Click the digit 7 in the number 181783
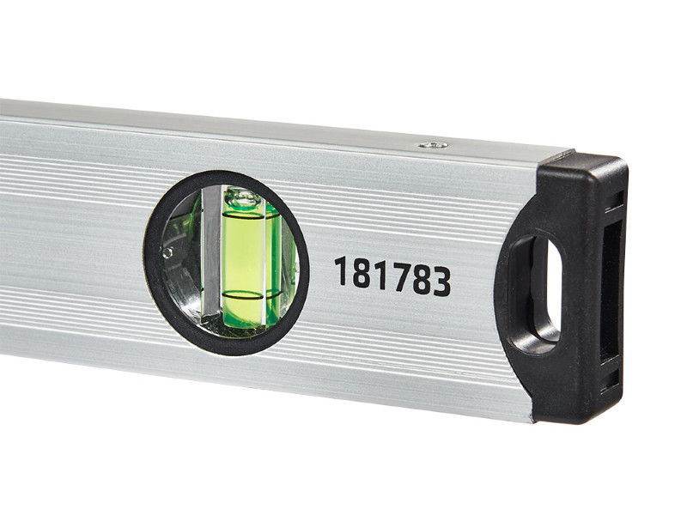[401, 278]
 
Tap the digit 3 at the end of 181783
[441, 282]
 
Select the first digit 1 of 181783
[340, 272]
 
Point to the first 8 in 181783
[361, 275]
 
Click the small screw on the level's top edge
[433, 145]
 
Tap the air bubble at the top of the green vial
[244, 201]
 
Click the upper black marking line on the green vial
[244, 215]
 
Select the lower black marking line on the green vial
[244, 297]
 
